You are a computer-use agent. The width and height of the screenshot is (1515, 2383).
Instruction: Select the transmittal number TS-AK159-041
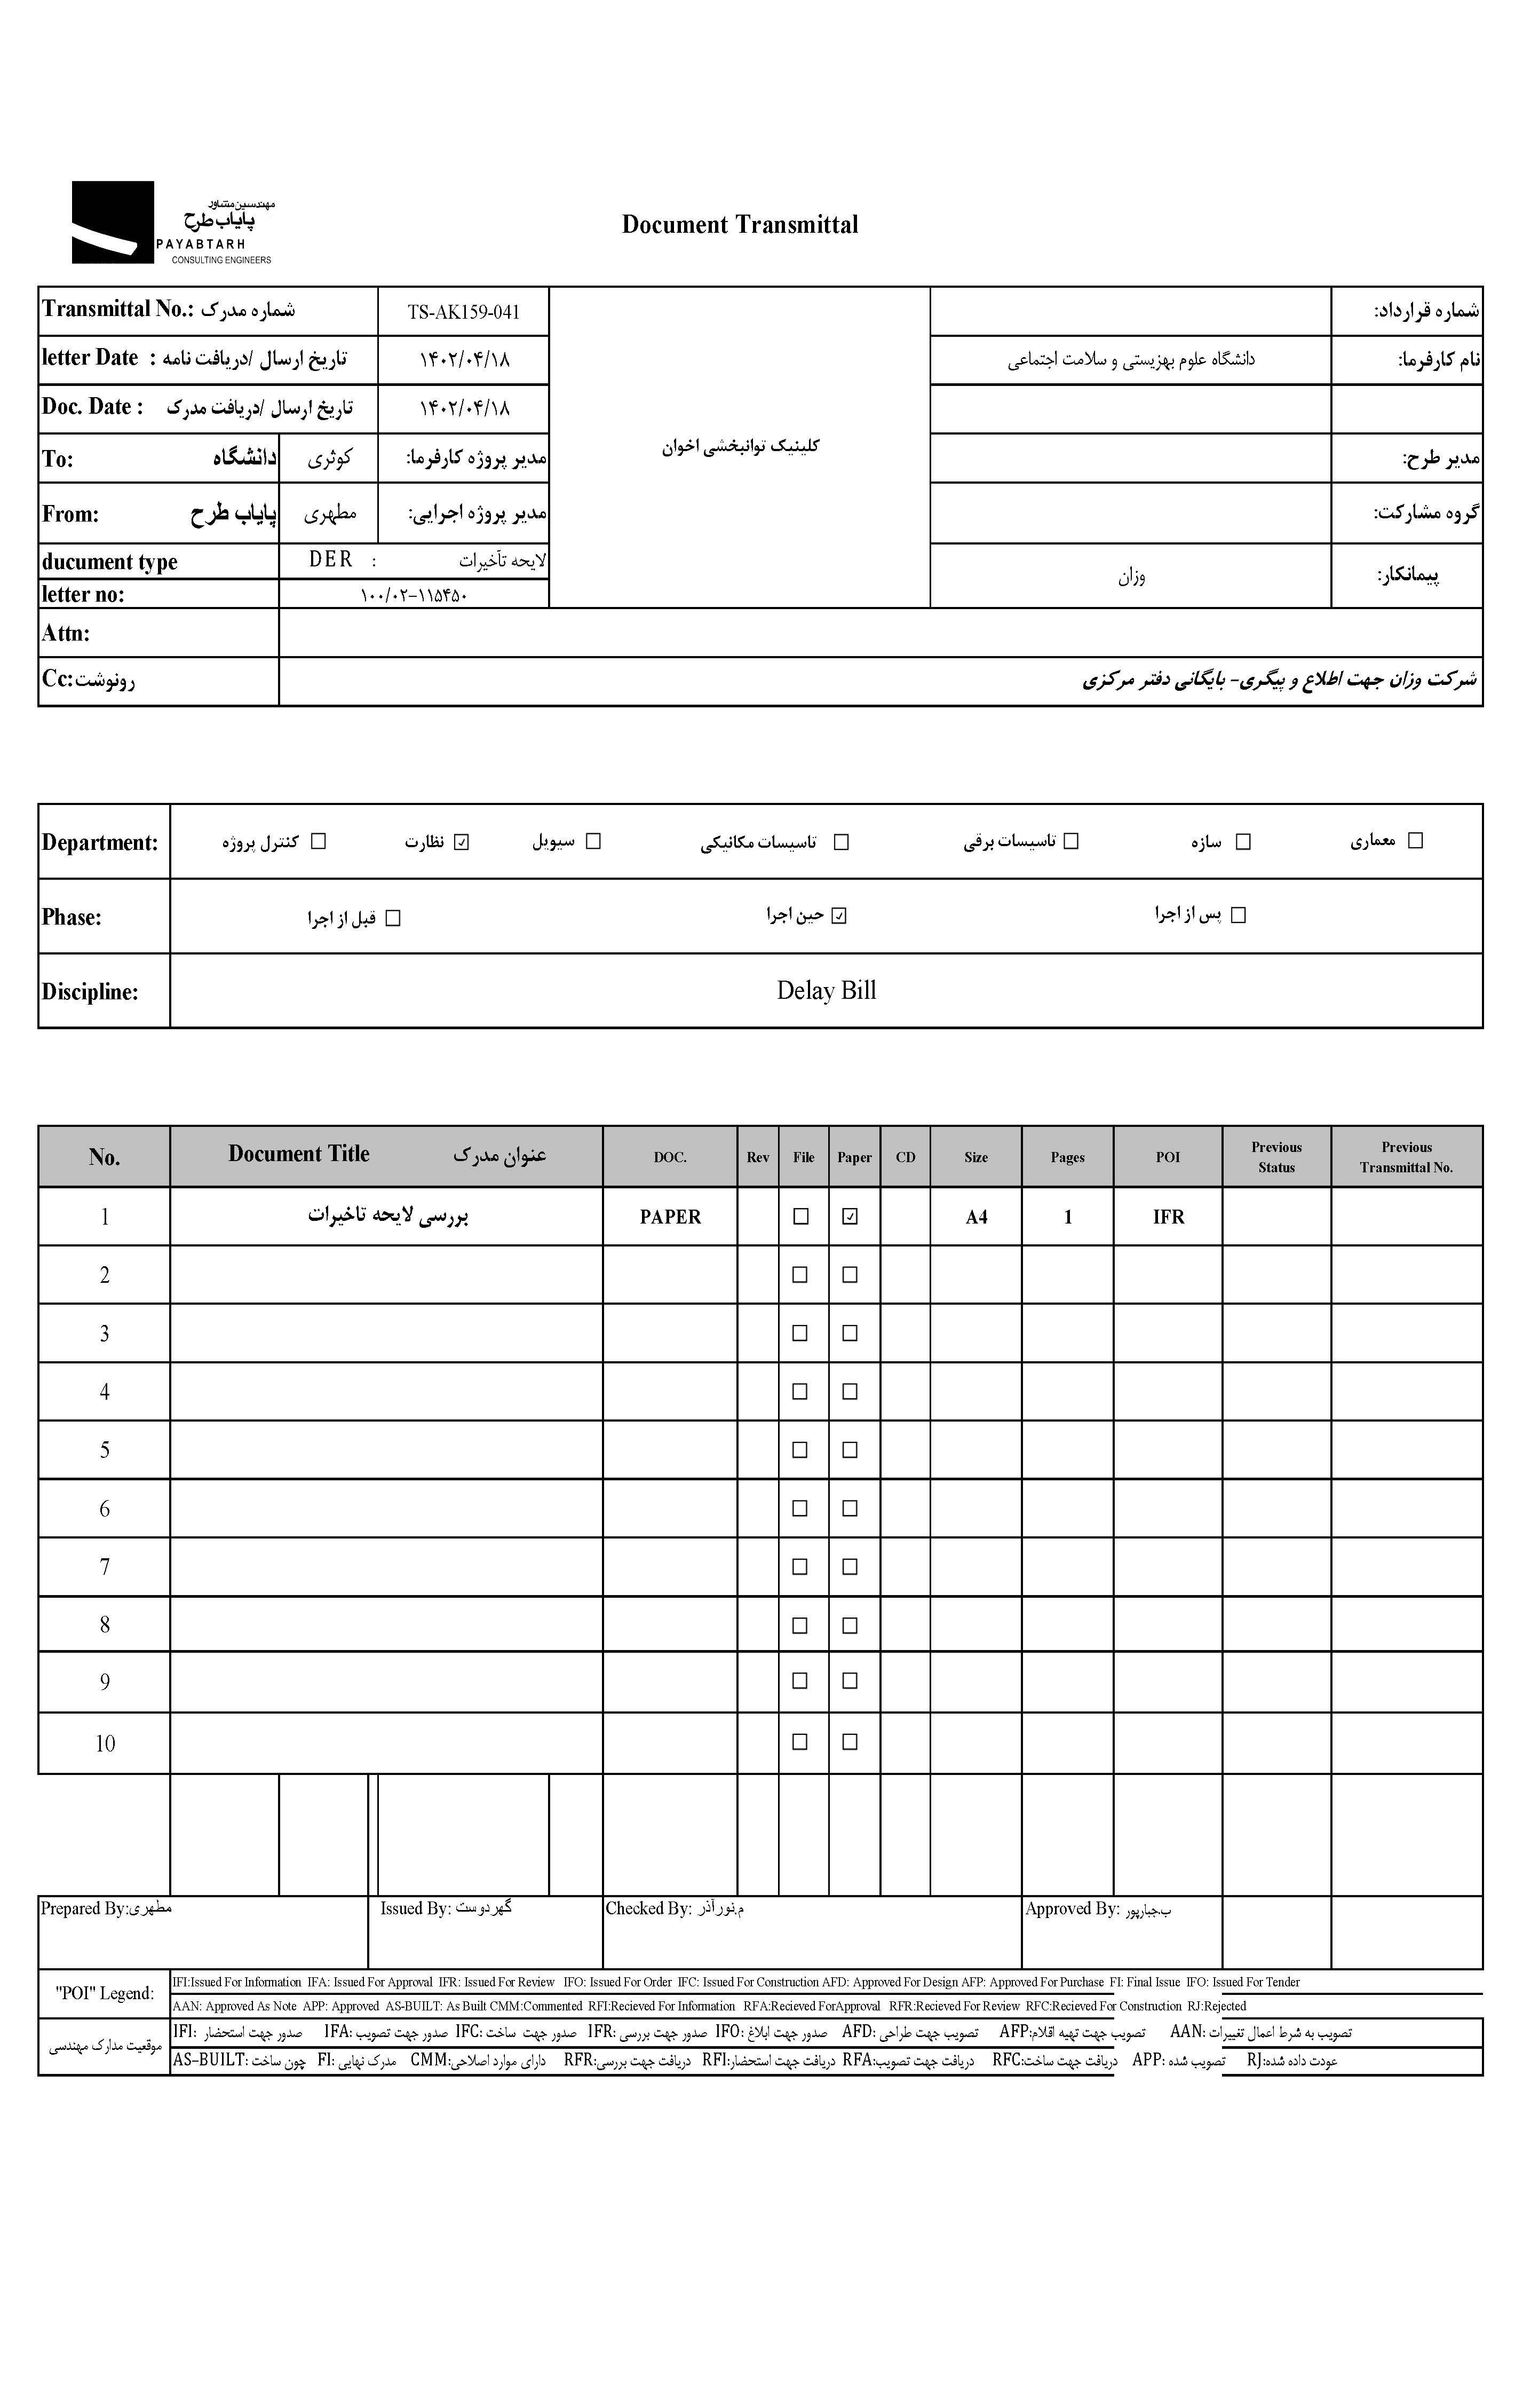463,312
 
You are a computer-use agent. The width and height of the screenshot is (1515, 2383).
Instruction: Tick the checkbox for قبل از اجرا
393,918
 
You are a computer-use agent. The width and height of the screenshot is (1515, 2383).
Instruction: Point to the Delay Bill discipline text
826,991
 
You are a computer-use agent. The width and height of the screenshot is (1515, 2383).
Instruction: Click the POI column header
1168,1157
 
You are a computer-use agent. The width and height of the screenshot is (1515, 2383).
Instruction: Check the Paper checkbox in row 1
849,1216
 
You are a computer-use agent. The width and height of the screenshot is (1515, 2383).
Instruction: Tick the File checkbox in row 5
799,1450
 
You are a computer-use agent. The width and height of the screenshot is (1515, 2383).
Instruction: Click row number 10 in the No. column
105,1743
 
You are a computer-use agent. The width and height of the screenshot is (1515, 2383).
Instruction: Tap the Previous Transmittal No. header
1406,1157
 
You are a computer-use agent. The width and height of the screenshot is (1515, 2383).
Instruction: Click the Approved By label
1072,1909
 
